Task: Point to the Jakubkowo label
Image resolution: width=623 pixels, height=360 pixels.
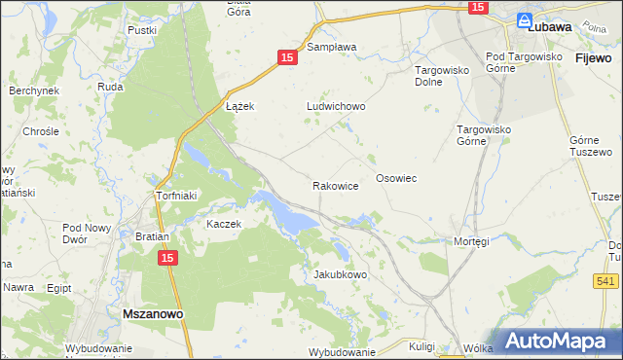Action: point(340,274)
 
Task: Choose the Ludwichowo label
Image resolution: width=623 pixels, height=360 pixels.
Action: point(335,106)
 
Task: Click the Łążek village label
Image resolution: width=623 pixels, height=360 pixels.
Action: point(239,106)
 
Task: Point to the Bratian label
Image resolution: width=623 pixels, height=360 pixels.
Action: point(153,236)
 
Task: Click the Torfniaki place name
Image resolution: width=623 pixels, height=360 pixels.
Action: point(177,196)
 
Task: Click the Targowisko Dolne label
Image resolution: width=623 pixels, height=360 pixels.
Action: point(443,76)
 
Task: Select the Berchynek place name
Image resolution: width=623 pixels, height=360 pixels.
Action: point(34,90)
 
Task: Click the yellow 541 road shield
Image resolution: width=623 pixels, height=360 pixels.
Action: point(605,280)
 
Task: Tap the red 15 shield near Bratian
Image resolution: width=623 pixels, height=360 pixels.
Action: point(167,257)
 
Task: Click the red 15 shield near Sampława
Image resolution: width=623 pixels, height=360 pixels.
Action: point(286,58)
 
